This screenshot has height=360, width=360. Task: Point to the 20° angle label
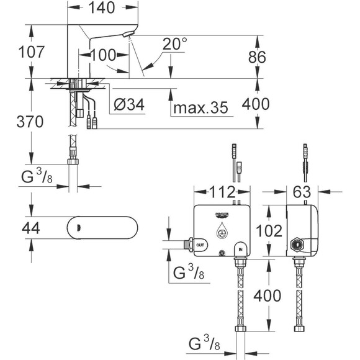[174, 44]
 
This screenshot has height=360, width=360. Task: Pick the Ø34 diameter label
[131, 106]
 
